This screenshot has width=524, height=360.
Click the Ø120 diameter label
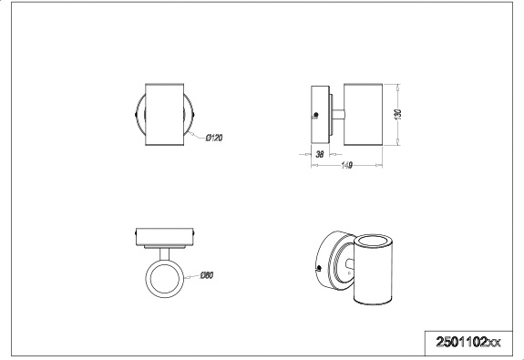coord(214,138)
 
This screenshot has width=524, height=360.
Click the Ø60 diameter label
coord(206,275)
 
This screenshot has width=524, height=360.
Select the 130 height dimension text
coord(397,114)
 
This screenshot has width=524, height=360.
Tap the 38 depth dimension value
coord(320,154)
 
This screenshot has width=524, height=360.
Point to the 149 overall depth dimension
coord(346,165)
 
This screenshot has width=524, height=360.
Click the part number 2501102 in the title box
coord(461,342)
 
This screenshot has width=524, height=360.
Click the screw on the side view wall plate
coord(316,115)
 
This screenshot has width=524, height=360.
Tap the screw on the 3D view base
coord(318,267)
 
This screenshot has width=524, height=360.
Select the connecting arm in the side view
coord(338,115)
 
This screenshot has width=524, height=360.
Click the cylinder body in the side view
coord(363,114)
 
